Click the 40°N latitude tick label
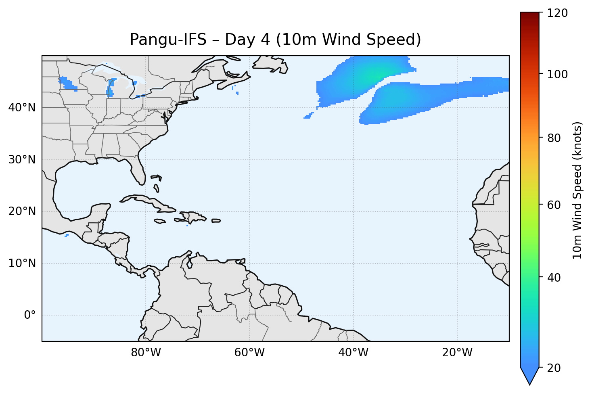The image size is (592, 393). click(x=22, y=108)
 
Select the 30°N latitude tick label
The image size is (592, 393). click(x=22, y=160)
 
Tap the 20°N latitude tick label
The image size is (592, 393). click(x=22, y=211)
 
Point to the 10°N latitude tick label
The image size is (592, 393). click(x=22, y=263)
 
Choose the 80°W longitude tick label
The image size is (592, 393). click(x=146, y=353)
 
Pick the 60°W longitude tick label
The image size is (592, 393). click(x=249, y=353)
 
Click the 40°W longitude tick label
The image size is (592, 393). click(x=353, y=353)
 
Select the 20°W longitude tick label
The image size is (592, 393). click(x=457, y=353)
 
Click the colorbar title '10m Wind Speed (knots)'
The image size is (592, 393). click(x=578, y=190)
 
